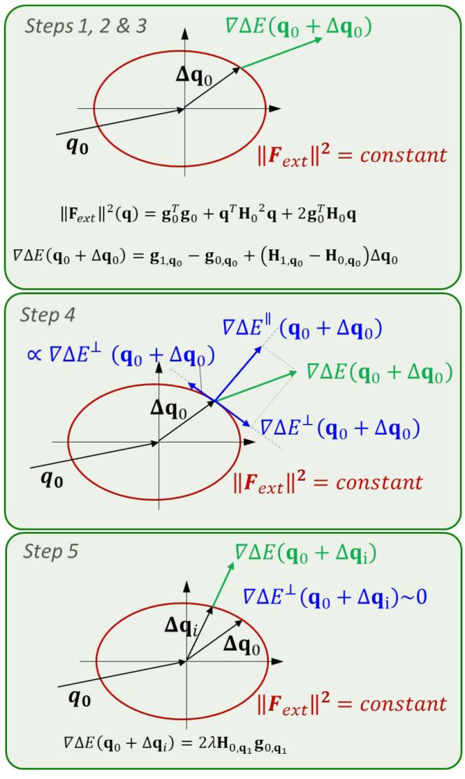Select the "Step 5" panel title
[x=50, y=551]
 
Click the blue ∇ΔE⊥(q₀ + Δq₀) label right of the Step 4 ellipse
[x=339, y=426]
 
